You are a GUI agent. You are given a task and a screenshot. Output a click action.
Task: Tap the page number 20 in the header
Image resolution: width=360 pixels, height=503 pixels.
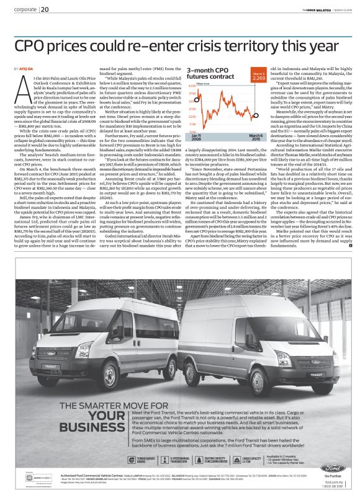tap(46, 9)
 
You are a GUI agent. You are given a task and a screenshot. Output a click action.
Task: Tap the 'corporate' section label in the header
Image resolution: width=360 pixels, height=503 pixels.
tap(25, 9)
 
